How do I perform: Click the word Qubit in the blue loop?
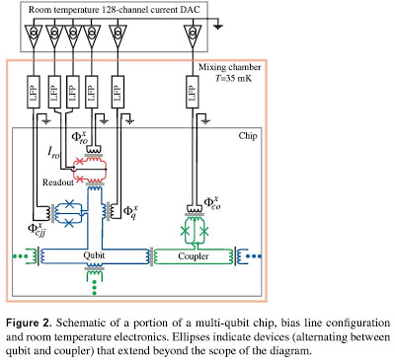tap(94, 255)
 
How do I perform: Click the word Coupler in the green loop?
tap(194, 256)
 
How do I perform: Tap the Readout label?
tap(58, 182)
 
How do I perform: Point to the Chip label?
tap(248, 136)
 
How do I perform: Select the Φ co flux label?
tap(212, 203)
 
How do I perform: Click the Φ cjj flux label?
tap(37, 229)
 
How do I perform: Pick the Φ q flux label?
tap(130, 212)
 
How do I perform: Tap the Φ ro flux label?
tap(80, 138)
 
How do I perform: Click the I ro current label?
tap(54, 153)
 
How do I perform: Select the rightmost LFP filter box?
tap(192, 92)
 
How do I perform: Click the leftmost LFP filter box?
tap(34, 92)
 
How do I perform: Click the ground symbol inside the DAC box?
tap(217, 26)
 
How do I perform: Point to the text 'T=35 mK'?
tap(233, 78)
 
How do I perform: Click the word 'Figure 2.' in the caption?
tap(29, 323)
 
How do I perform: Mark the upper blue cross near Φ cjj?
tap(69, 204)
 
